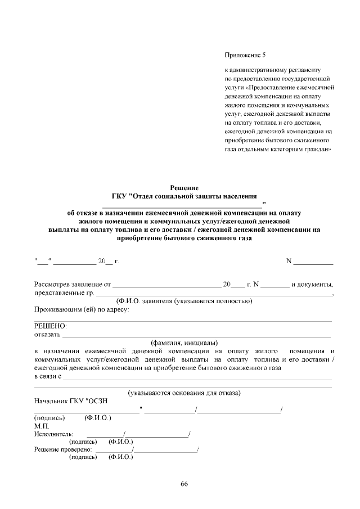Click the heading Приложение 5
click(x=244, y=55)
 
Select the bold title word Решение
click(x=184, y=188)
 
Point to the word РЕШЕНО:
click(x=50, y=326)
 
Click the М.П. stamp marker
click(x=42, y=426)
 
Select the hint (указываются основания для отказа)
click(x=184, y=392)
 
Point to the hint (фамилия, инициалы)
click(x=184, y=342)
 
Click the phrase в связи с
click(x=47, y=376)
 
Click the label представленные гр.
click(x=63, y=292)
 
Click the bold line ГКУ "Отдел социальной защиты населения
click(x=184, y=196)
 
